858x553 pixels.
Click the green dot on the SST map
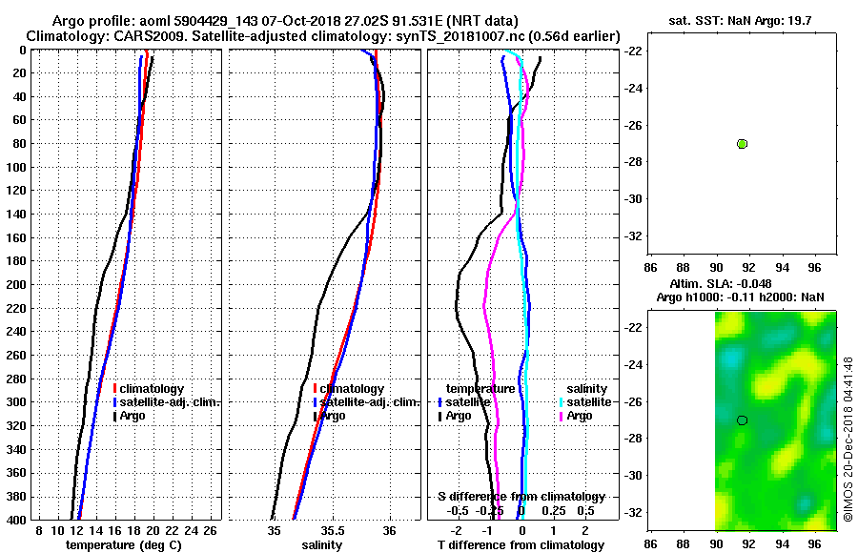click(742, 143)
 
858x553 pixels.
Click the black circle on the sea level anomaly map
click(742, 420)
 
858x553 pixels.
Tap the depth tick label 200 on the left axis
click(17, 284)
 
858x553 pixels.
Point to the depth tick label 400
click(17, 520)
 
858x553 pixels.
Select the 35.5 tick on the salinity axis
click(332, 530)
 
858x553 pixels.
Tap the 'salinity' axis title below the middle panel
click(321, 545)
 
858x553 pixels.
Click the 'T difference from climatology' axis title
click(521, 545)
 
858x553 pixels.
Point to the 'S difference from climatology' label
click(521, 497)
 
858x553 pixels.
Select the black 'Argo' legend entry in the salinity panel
click(333, 416)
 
